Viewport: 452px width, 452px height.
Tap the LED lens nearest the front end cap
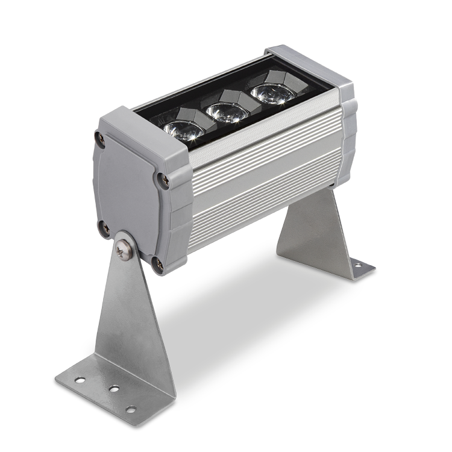(x=183, y=130)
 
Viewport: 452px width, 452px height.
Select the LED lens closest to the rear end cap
(x=272, y=93)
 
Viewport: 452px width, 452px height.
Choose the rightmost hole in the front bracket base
(x=131, y=409)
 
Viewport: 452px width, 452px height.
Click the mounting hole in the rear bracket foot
(x=357, y=265)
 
